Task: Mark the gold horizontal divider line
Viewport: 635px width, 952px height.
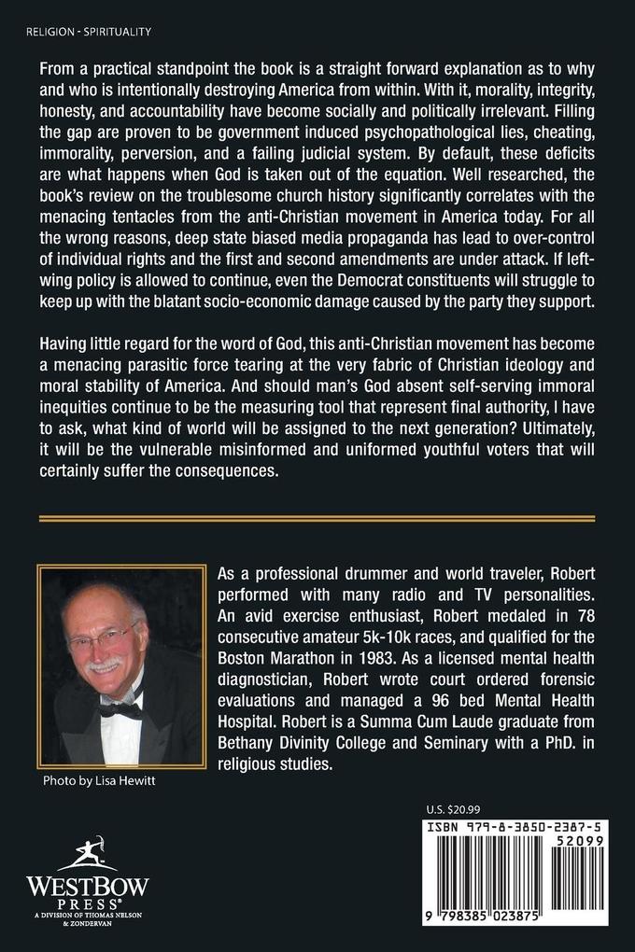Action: click(x=317, y=516)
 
